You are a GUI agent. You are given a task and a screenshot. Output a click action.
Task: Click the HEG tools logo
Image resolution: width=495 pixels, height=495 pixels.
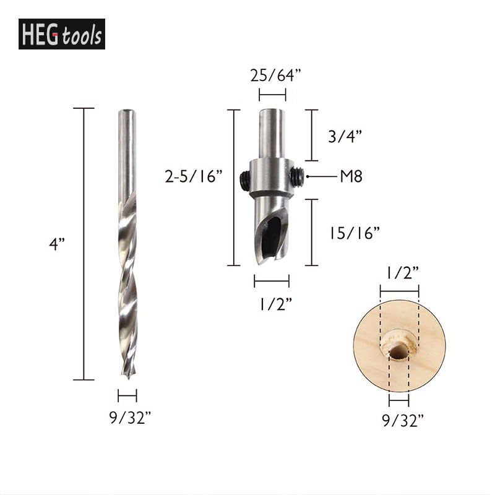pos(62,34)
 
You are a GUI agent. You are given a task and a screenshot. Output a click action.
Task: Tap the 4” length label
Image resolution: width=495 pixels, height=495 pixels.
pos(58,244)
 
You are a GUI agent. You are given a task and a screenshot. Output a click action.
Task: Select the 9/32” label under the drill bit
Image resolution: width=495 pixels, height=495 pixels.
pos(127,418)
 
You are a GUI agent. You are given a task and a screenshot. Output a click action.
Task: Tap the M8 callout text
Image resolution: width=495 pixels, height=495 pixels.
pos(350,176)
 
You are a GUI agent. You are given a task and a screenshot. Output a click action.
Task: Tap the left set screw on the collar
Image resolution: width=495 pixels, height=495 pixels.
pos(244,179)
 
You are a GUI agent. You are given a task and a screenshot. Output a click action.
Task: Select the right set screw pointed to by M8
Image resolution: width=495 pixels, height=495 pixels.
pos(298,177)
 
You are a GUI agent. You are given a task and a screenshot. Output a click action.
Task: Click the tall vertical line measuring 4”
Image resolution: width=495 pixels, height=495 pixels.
pos(84,244)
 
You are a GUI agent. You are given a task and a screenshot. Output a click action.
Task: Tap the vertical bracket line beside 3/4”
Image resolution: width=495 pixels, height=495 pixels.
pos(311,135)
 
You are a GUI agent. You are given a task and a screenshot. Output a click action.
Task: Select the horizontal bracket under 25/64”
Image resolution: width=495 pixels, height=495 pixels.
pos(272,95)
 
